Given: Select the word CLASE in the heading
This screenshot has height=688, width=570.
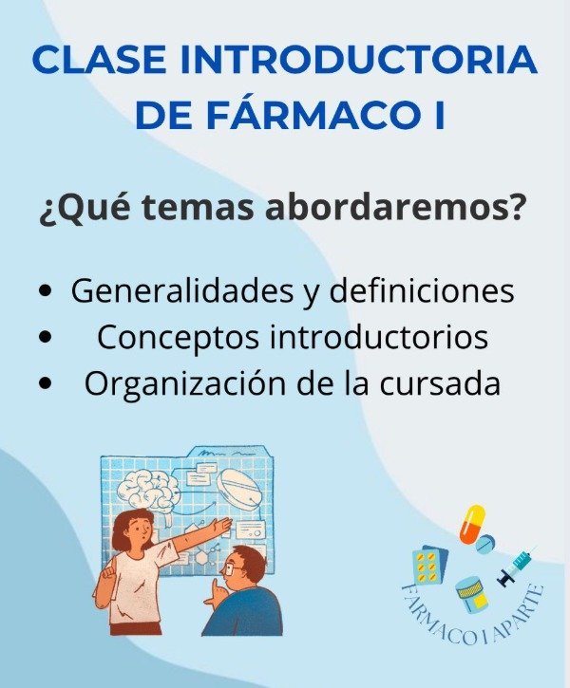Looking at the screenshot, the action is [x=100, y=60].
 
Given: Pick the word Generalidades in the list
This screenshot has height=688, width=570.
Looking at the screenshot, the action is [x=182, y=290].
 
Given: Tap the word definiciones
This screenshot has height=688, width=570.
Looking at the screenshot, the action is [x=422, y=290].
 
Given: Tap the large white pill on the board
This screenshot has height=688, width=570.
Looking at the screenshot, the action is [x=239, y=488].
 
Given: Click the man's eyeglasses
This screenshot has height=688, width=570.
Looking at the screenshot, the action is [x=233, y=569].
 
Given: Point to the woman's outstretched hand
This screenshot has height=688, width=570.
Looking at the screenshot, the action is [x=222, y=525].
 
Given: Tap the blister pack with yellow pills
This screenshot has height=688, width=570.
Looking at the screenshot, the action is [x=428, y=566].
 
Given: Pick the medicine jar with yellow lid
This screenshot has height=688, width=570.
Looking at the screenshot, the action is [x=471, y=596].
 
